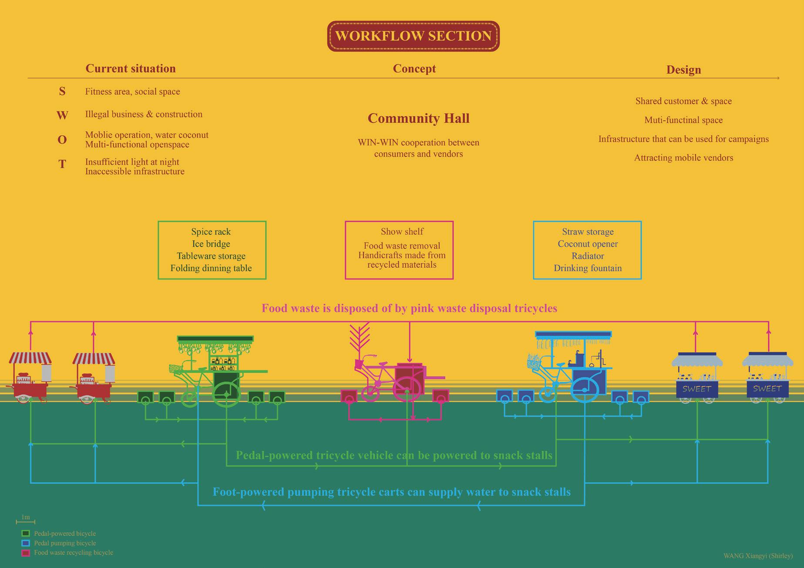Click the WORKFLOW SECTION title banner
(413, 36)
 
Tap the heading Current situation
(131, 69)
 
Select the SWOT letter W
(62, 115)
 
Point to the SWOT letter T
(62, 164)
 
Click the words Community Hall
(418, 118)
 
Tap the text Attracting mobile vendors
(683, 158)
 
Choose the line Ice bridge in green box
(211, 244)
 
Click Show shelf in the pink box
(402, 232)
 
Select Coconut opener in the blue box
(588, 244)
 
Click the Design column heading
(683, 70)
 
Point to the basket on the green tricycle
(175, 369)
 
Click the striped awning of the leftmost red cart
(30, 358)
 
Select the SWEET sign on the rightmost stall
(767, 388)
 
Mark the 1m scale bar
(26, 521)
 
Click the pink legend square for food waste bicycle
(26, 553)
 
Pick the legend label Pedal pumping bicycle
(65, 543)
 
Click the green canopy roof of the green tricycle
(215, 338)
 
